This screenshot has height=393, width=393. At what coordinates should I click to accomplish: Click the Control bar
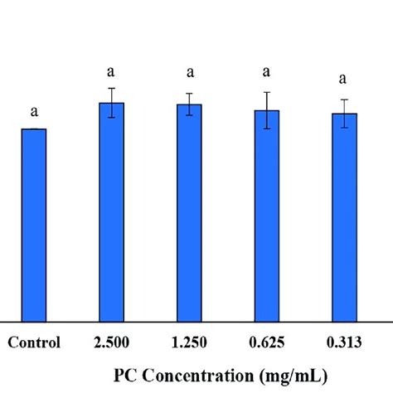(x=34, y=226)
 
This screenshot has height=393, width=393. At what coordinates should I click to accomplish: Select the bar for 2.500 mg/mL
(x=112, y=212)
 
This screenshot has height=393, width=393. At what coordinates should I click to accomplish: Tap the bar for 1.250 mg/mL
(x=189, y=213)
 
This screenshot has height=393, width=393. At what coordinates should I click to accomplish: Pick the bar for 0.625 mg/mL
(x=267, y=216)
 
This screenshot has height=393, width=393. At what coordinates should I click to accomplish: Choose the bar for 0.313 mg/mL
(x=344, y=218)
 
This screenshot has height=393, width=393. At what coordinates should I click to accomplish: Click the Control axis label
(x=34, y=342)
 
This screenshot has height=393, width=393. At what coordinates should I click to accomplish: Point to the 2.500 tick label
(x=111, y=342)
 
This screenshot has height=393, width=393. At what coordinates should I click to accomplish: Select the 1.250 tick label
(x=189, y=342)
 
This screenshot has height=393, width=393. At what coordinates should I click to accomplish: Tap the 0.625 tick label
(x=267, y=342)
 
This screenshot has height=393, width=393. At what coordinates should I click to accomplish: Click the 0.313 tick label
(x=344, y=342)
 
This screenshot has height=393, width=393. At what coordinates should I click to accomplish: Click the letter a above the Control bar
(x=34, y=112)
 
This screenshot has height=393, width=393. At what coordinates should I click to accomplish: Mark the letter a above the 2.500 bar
(x=111, y=72)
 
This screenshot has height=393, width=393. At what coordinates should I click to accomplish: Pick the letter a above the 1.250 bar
(x=190, y=73)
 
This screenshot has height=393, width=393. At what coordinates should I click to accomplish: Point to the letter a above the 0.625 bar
(x=266, y=72)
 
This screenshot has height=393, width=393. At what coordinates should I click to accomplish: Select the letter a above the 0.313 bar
(x=342, y=80)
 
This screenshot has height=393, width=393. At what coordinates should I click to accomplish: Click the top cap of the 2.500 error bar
(x=112, y=88)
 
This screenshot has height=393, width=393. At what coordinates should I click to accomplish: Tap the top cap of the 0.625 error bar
(x=267, y=92)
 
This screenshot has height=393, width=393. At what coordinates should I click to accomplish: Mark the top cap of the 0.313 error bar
(x=344, y=99)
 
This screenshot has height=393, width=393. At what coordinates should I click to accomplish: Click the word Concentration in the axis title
(x=198, y=376)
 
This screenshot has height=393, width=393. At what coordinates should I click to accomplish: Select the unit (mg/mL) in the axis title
(x=294, y=376)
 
